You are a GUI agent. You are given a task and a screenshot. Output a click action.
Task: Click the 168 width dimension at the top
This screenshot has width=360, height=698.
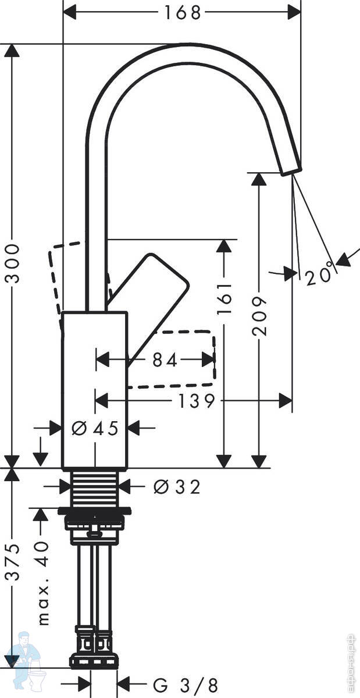tap(183, 13)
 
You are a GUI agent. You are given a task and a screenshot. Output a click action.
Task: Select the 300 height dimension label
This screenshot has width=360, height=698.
tap(13, 263)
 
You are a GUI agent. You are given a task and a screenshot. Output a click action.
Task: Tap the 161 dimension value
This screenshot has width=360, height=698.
tap(225, 298)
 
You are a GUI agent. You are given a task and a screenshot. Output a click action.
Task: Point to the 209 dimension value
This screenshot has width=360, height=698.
tap(259, 316)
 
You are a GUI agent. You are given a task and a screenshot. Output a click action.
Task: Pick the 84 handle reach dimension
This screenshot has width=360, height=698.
tap(165, 360)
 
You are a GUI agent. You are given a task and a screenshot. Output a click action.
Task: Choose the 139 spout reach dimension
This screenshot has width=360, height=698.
tap(197, 401)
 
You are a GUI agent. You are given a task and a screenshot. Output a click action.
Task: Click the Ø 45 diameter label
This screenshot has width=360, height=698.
tap(95, 428)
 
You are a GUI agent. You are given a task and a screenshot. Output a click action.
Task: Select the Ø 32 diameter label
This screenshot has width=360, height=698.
tap(177, 486)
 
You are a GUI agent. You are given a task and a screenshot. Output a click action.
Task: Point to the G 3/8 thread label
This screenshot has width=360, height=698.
tap(185, 685)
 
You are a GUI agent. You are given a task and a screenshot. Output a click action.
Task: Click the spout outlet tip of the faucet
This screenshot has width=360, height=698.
tap(292, 172)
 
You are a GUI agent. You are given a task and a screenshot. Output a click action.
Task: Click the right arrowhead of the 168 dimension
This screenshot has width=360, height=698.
tap(294, 13)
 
